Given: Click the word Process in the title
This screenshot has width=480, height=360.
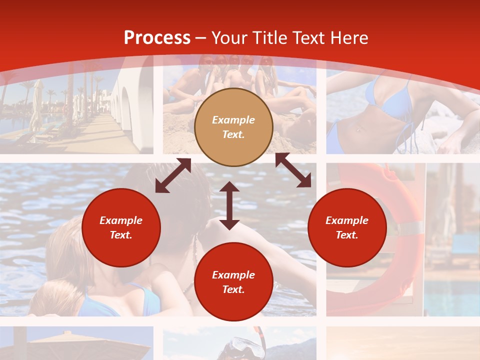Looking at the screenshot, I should pyautogui.click(x=157, y=38).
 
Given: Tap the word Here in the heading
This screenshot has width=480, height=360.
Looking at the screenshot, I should pyautogui.click(x=347, y=38).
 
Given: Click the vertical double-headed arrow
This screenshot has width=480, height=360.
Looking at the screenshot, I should pyautogui.click(x=229, y=205).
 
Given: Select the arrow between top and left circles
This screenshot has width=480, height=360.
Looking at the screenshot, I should pyautogui.click(x=173, y=175).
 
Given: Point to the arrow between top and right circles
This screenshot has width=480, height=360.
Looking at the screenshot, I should pyautogui.click(x=293, y=170).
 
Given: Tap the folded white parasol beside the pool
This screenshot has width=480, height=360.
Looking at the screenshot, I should pyautogui.click(x=36, y=105).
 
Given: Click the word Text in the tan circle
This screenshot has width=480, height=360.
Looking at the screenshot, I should pyautogui.click(x=233, y=134).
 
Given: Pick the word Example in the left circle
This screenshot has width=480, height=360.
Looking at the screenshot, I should pyautogui.click(x=121, y=220).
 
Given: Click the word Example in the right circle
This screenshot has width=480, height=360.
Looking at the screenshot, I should pyautogui.click(x=347, y=220).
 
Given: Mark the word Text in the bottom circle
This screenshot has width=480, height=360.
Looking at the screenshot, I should pyautogui.click(x=233, y=289).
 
